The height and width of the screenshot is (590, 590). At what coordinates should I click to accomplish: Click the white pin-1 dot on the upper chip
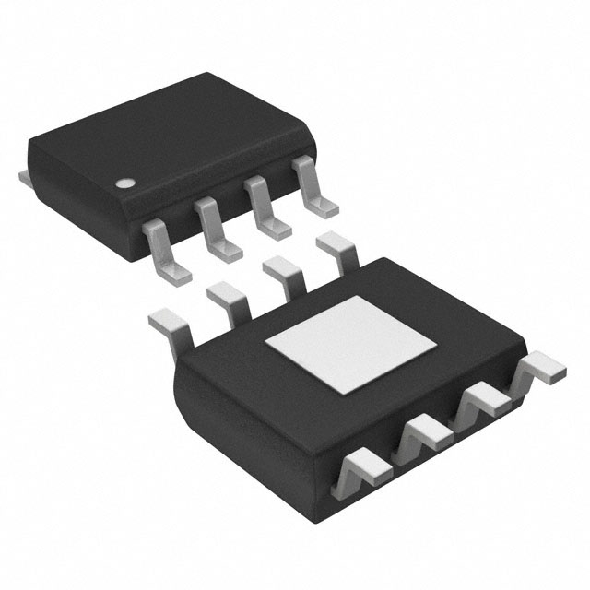pyautogui.click(x=124, y=183)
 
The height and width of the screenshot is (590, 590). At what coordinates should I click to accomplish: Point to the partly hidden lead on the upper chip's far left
pyautogui.click(x=25, y=174)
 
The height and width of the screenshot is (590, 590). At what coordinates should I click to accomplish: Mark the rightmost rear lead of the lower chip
pyautogui.click(x=337, y=250)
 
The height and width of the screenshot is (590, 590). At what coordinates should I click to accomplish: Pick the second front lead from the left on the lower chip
pyautogui.click(x=420, y=434)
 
